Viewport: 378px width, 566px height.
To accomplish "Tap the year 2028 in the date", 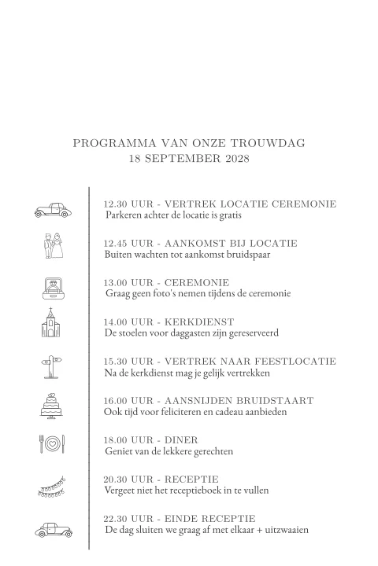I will tap(232, 160).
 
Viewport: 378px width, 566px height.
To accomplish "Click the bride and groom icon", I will tap(52, 248).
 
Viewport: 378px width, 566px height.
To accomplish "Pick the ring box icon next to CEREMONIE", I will tap(52, 287).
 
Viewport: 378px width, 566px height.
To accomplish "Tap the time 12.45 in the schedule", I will tap(116, 244).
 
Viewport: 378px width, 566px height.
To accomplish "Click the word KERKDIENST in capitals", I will tap(197, 322).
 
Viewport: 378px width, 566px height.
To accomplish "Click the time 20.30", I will tap(116, 480).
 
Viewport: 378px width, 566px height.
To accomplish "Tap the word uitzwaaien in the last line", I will tap(284, 530).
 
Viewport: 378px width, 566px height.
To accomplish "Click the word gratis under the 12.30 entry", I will tap(228, 215).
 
